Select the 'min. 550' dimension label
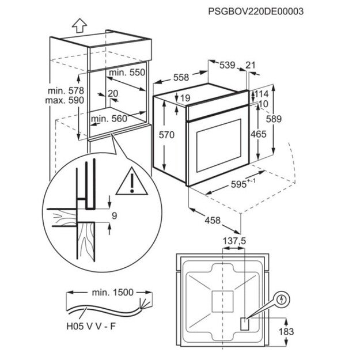click(x=126, y=73)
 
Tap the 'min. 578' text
click(x=67, y=90)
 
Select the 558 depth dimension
click(x=181, y=77)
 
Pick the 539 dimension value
click(x=227, y=66)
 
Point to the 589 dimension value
click(x=274, y=119)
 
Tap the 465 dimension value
click(x=258, y=134)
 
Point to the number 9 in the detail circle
click(x=115, y=216)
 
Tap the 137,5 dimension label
click(x=234, y=240)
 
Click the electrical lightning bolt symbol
click(x=282, y=300)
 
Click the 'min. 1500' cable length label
click(x=107, y=293)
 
